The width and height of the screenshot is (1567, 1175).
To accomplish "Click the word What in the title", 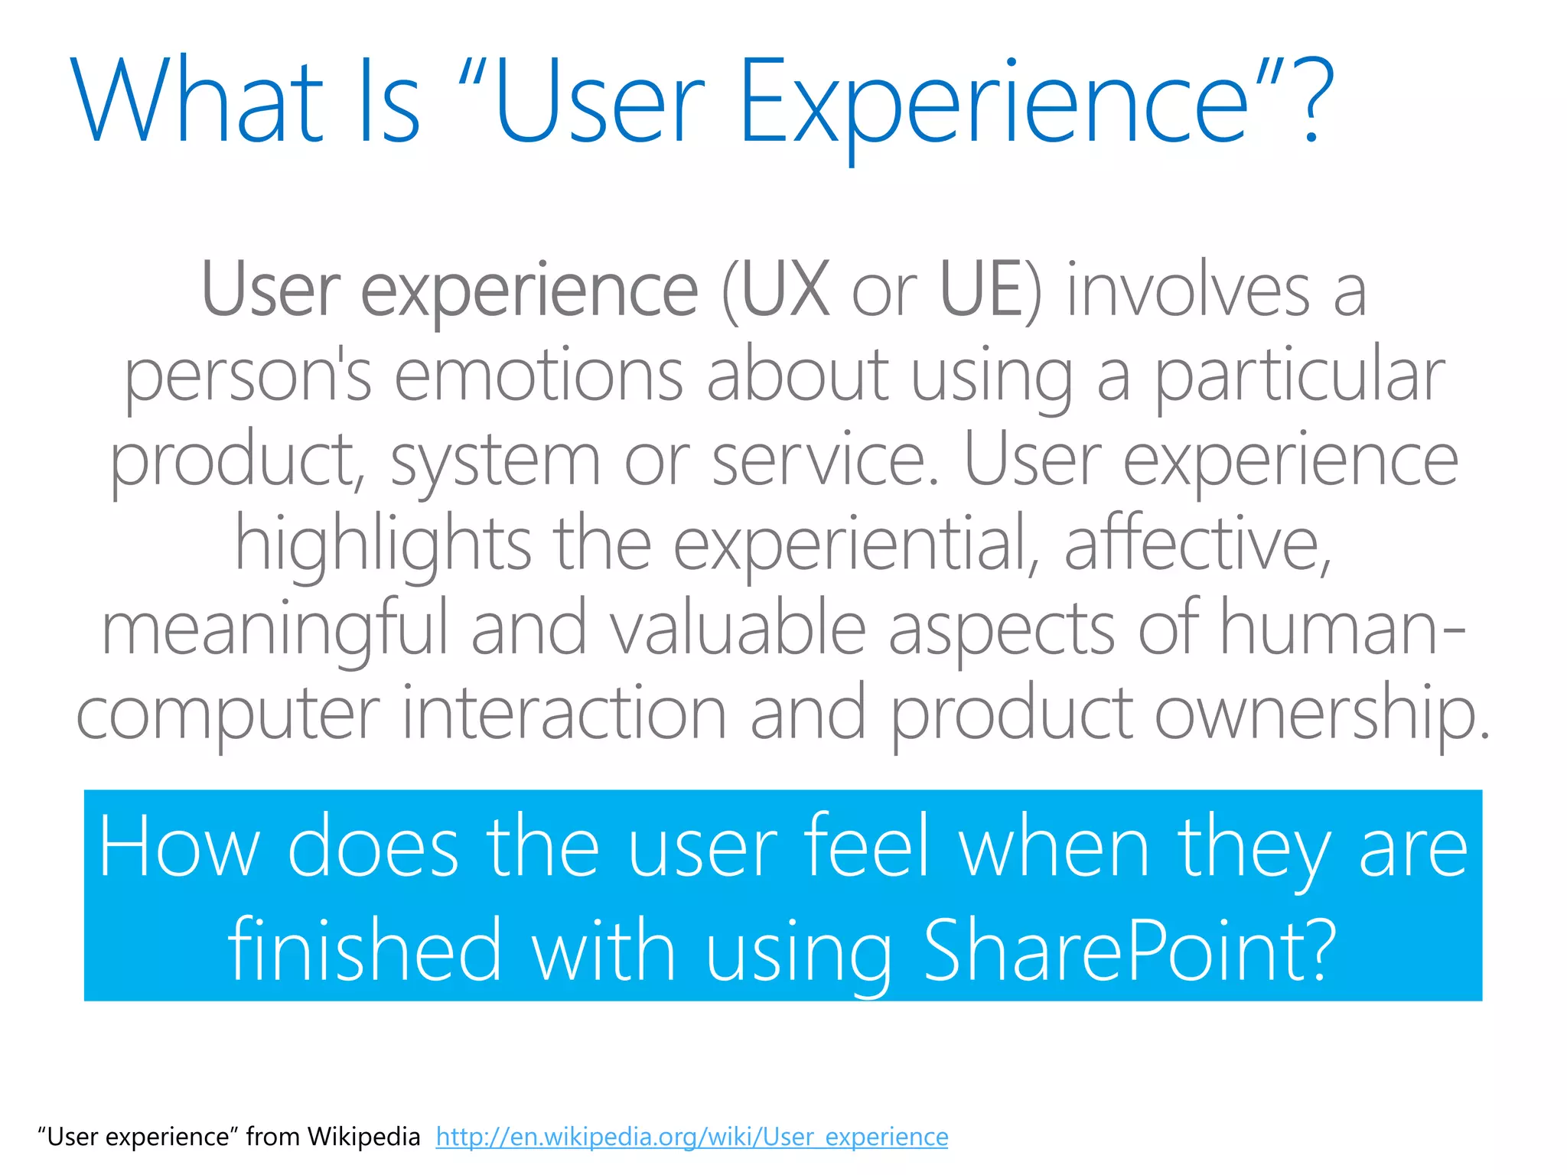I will pos(196,101).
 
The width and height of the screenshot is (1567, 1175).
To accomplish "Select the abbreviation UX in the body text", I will pos(786,290).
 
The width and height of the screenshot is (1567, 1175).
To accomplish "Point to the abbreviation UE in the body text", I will pos(982,290).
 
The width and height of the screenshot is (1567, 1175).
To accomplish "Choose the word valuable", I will pos(738,629).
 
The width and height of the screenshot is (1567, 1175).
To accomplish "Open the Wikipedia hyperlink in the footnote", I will pos(692,1137).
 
